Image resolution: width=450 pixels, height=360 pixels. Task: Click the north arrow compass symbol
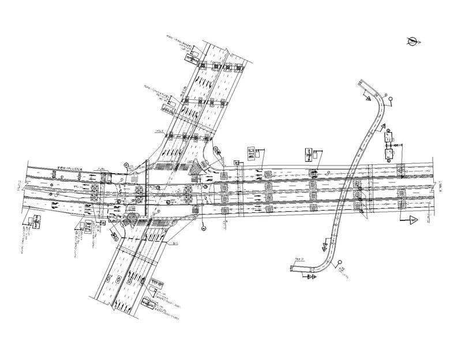click(411, 41)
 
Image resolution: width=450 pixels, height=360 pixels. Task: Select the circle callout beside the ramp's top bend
click(391, 99)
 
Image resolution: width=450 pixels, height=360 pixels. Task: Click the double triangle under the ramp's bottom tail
click(312, 277)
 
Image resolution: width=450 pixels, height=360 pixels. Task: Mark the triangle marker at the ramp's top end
click(366, 99)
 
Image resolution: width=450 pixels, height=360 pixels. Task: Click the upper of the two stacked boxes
click(388, 138)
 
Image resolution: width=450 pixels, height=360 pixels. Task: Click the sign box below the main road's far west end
click(36, 222)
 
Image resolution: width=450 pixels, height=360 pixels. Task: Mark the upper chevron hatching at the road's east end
click(417, 172)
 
